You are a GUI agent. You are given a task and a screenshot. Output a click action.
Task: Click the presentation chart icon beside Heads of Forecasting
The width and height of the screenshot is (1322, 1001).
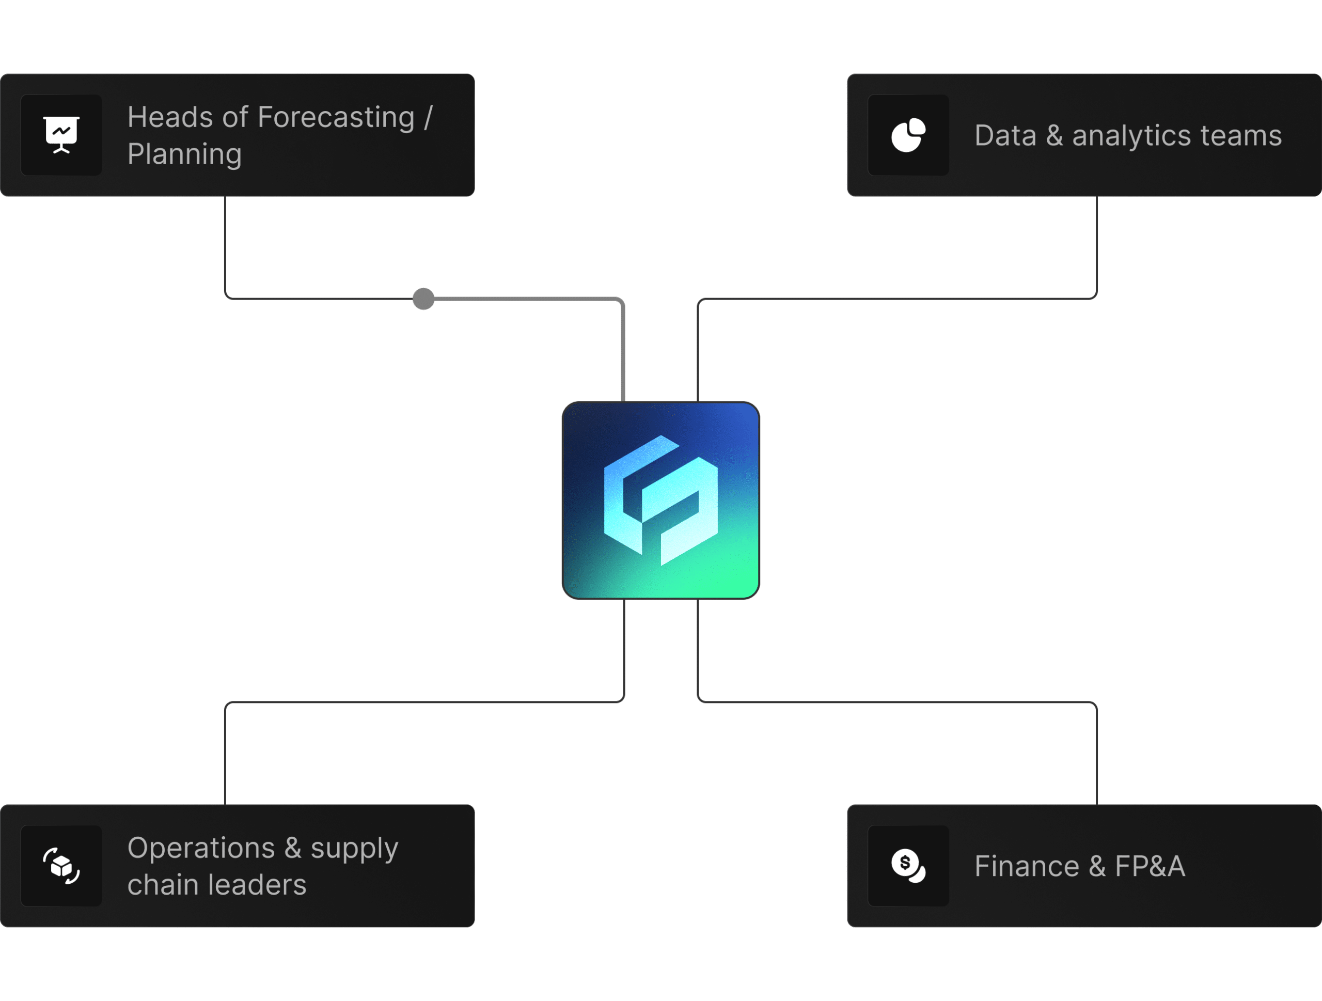tap(61, 135)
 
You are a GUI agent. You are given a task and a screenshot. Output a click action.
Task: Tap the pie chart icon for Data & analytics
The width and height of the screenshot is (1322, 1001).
tap(908, 135)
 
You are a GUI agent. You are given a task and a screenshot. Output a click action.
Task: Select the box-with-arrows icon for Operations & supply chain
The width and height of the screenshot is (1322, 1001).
tap(61, 866)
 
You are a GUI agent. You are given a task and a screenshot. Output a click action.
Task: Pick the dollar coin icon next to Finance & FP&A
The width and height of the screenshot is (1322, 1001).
tap(908, 866)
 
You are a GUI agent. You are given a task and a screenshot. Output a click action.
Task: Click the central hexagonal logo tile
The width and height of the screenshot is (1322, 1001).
tap(660, 500)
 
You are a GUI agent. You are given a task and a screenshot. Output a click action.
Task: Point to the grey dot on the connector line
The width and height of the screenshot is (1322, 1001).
tap(423, 299)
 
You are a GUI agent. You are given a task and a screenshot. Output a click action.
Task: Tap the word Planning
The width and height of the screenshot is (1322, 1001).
tap(185, 154)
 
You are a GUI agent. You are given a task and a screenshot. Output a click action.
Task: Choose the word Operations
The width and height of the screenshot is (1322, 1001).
tap(201, 848)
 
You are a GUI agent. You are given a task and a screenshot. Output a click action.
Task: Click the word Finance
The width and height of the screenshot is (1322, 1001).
tap(1027, 867)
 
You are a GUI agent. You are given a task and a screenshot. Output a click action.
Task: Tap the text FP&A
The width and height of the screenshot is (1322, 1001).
tap(1150, 867)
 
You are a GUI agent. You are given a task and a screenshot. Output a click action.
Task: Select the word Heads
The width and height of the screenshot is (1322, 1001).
tap(170, 117)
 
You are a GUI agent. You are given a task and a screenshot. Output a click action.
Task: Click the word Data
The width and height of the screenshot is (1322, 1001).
tap(1005, 136)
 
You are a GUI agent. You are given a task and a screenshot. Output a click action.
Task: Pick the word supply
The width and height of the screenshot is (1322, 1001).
tap(354, 849)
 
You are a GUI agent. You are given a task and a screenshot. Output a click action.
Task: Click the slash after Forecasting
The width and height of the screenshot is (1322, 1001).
tap(428, 117)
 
